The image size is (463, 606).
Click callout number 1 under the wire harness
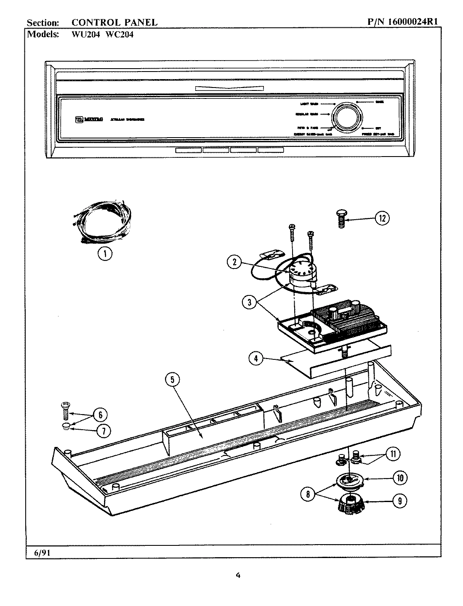point(105,253)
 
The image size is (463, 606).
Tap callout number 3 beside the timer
point(249,303)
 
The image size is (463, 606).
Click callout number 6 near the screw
point(100,415)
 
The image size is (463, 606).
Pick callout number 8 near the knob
point(308,494)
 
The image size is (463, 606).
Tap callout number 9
point(399,501)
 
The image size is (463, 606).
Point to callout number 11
point(393,454)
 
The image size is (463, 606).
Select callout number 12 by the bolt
point(382,218)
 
